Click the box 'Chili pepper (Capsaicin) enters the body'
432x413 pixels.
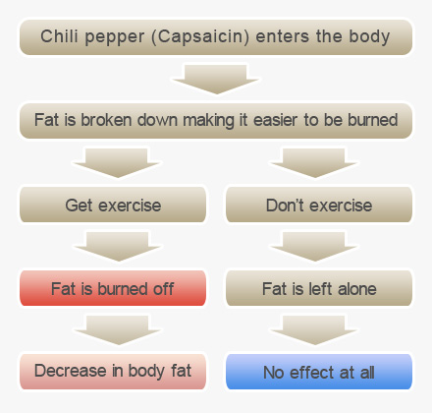[x=216, y=37]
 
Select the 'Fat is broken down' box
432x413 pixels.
[x=216, y=121]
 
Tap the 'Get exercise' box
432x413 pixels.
[x=113, y=205]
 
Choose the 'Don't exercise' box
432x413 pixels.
[x=319, y=205]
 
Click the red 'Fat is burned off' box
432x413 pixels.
[x=113, y=288]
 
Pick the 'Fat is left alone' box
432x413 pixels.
[x=319, y=288]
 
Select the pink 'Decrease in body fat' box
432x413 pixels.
[x=113, y=372]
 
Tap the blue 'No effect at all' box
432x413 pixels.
[x=319, y=372]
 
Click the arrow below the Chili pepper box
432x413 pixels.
[x=216, y=80]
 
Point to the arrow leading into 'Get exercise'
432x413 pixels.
[x=117, y=163]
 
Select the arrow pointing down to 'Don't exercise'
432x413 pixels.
[x=314, y=163]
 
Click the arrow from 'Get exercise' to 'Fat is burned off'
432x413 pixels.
[x=118, y=247]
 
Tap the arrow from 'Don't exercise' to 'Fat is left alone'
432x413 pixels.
[x=314, y=247]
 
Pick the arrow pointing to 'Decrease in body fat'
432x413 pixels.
[x=118, y=330]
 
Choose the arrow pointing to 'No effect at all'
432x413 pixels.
[x=314, y=330]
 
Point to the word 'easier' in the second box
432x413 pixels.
[x=275, y=120]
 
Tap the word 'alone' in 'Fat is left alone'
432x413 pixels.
[x=357, y=289]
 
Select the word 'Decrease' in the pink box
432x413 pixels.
[x=71, y=371]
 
